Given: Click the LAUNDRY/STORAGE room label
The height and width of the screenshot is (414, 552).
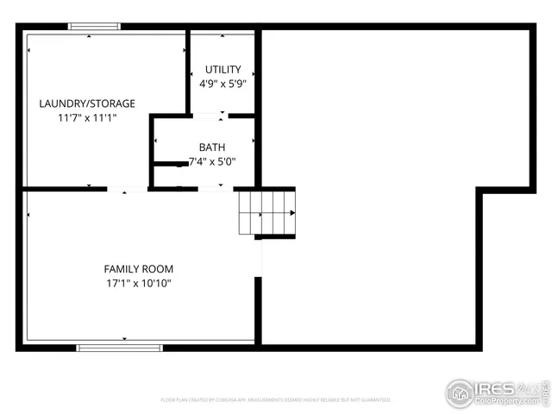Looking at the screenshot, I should (86, 103).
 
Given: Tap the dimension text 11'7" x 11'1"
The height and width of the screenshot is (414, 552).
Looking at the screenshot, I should (86, 117).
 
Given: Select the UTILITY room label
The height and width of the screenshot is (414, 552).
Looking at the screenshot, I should (223, 69).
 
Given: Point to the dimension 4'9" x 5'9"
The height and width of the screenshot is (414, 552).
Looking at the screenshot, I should (223, 84).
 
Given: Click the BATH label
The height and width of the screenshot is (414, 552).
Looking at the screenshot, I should (211, 147).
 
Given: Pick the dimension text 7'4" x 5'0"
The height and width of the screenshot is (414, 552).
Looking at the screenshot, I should (212, 161).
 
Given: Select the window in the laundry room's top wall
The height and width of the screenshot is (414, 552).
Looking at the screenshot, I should (94, 27).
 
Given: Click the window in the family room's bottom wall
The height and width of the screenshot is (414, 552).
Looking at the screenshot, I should (119, 347).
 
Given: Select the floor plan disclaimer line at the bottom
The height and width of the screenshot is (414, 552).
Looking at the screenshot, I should (276, 400).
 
